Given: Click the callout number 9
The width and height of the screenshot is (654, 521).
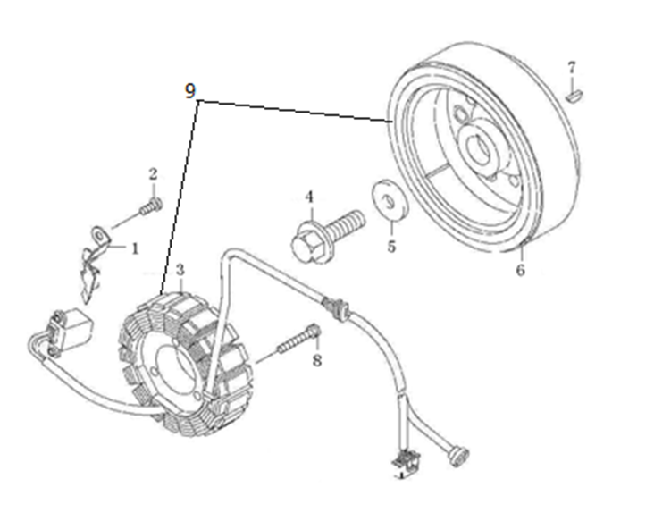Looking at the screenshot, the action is click(x=190, y=90).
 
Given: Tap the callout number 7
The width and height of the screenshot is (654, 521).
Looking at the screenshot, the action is click(x=572, y=67).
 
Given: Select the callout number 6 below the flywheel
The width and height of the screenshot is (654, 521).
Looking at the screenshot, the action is click(x=521, y=270).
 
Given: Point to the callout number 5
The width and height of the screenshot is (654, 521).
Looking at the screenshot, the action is click(x=391, y=246).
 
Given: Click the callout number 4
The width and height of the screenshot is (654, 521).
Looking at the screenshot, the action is click(x=308, y=197).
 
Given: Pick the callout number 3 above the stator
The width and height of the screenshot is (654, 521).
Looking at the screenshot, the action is click(x=180, y=270).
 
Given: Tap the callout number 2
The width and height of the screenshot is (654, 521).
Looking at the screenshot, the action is click(x=153, y=174).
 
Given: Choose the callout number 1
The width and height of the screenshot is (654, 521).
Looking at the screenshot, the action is click(x=135, y=249).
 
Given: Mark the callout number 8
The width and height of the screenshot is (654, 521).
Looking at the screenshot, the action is click(x=317, y=360).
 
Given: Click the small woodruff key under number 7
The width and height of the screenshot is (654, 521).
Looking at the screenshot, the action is click(x=574, y=96).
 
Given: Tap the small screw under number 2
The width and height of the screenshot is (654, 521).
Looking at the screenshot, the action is click(x=151, y=207).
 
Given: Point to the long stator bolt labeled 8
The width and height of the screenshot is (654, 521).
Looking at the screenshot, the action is click(x=299, y=339).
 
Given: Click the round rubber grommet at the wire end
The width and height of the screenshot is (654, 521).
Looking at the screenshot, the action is click(x=458, y=457).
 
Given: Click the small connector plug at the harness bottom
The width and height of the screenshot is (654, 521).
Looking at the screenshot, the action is click(x=405, y=461).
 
